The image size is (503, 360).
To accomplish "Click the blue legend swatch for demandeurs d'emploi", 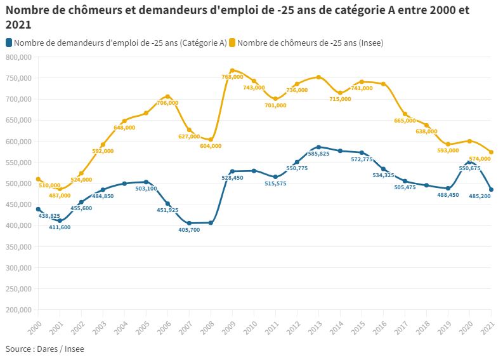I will point(8,43).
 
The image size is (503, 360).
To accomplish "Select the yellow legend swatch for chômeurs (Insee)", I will point(233,43).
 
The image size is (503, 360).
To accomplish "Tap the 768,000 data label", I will point(232,77).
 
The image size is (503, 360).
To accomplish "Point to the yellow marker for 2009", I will point(232,70).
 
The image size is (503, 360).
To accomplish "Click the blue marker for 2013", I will point(318,147).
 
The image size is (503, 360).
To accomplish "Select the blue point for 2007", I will point(189,223).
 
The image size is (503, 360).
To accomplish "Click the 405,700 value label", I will point(189,230).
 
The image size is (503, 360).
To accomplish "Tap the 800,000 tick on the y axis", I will point(18,57).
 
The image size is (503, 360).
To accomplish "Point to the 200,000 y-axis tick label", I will point(18,310).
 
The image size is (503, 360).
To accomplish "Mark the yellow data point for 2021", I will point(492,152).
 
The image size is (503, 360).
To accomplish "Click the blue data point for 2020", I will point(469,162).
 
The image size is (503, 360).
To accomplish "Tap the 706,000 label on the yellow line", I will point(168,103).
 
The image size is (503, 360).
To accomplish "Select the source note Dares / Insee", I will point(45,349).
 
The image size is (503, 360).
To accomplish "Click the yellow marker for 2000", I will point(38,180).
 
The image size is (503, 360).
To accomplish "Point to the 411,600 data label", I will point(60,227).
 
